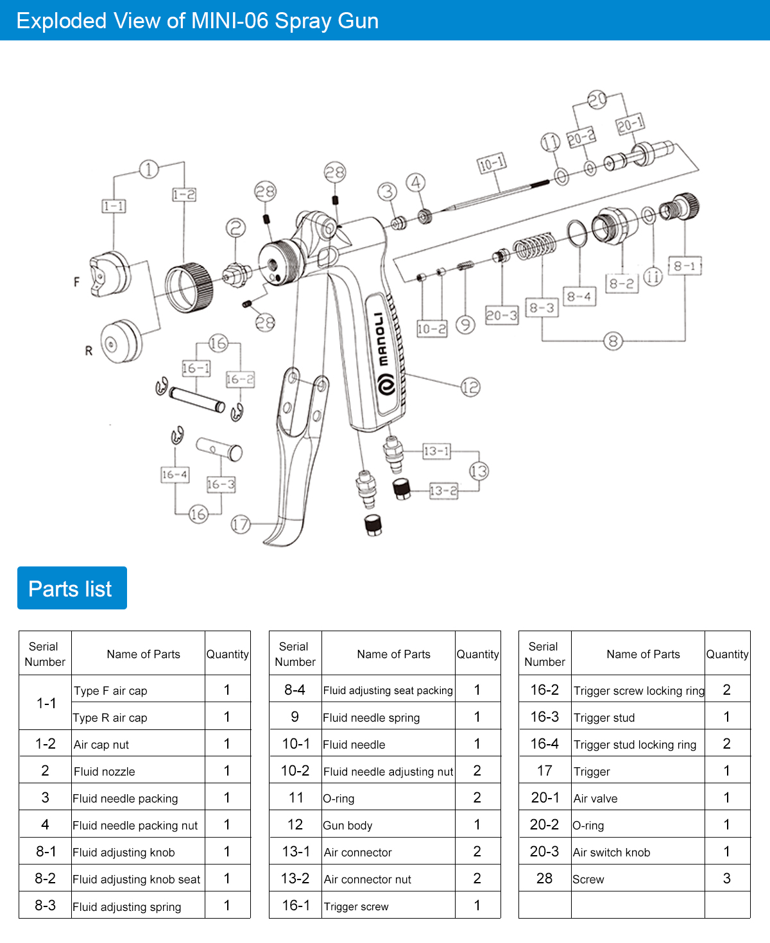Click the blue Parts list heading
point(71,588)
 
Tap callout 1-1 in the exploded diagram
point(114,206)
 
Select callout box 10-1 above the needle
point(492,164)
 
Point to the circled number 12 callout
point(470,387)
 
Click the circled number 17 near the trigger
point(240,524)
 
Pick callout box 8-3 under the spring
point(542,308)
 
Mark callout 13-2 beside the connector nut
point(443,491)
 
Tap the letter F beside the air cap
point(77,282)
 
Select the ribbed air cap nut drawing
point(189,287)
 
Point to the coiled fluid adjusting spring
point(534,246)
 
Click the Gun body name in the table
point(348,826)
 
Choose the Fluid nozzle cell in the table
point(105,772)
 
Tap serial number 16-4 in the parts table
point(544,744)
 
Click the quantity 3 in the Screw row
point(726,879)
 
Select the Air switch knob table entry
point(612,853)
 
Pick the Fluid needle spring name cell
point(372,718)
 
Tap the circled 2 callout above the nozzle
point(235,228)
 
